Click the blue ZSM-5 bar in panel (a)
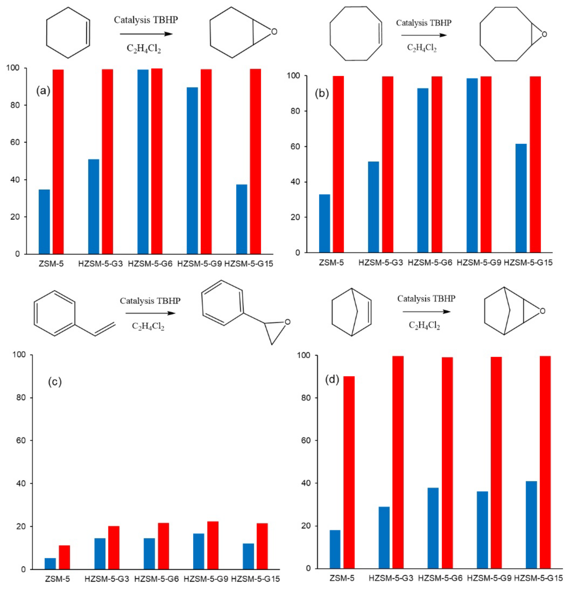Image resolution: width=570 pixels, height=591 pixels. pyautogui.click(x=44, y=222)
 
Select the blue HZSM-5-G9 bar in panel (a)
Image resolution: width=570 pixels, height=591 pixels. pyautogui.click(x=192, y=170)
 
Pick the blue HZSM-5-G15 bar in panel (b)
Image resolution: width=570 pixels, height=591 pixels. pyautogui.click(x=521, y=198)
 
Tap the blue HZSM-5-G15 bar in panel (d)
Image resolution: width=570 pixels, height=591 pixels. pyautogui.click(x=531, y=525)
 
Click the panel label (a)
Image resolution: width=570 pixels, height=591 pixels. pyautogui.click(x=43, y=91)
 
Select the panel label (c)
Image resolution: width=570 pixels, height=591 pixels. pyautogui.click(x=55, y=382)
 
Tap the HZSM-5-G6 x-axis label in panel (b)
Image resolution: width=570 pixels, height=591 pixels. pyautogui.click(x=430, y=262)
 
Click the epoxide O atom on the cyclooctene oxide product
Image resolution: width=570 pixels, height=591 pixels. pyautogui.click(x=544, y=34)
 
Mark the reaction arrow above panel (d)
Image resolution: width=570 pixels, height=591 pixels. pyautogui.click(x=426, y=311)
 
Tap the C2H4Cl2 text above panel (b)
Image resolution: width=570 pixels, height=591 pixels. pyautogui.click(x=422, y=48)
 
